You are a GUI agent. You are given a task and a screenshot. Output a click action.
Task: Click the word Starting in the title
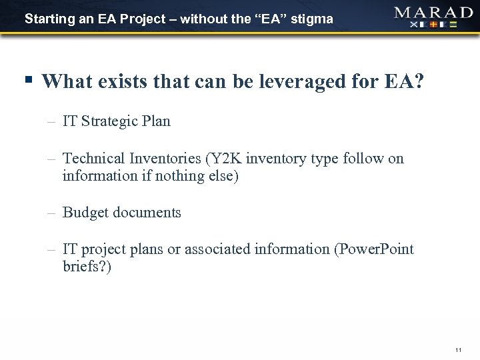coord(47,19)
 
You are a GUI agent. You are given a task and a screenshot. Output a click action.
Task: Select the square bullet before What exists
coord(27,81)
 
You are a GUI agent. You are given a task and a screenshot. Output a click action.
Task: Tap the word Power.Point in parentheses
coord(378,250)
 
